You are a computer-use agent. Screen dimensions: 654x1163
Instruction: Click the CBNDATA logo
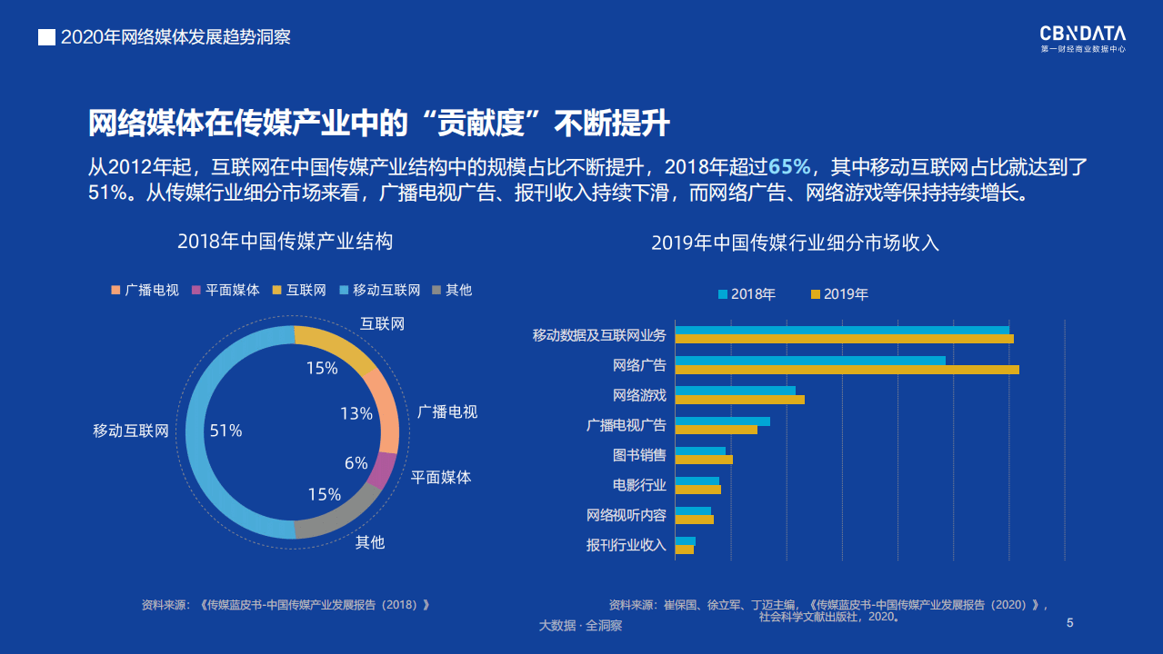1082,38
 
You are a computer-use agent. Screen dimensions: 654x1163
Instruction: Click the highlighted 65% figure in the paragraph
788,167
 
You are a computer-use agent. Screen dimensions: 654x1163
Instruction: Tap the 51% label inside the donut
226,431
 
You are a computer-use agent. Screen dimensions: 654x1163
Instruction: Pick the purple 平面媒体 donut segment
383,470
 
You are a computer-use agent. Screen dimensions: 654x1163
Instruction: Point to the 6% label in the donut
356,463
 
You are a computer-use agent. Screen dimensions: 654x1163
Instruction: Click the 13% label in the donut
356,414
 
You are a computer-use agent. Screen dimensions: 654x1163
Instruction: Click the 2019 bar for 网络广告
847,370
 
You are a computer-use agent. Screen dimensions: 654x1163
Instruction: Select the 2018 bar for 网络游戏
735,391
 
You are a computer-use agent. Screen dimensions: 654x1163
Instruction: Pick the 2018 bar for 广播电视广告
722,421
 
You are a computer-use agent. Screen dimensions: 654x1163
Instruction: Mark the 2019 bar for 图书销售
704,460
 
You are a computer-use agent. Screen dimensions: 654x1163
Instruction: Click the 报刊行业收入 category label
626,545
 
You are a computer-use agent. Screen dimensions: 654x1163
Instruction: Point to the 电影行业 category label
638,485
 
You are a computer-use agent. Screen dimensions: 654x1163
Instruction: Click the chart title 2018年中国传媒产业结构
285,242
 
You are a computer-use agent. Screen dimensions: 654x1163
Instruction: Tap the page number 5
1069,623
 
